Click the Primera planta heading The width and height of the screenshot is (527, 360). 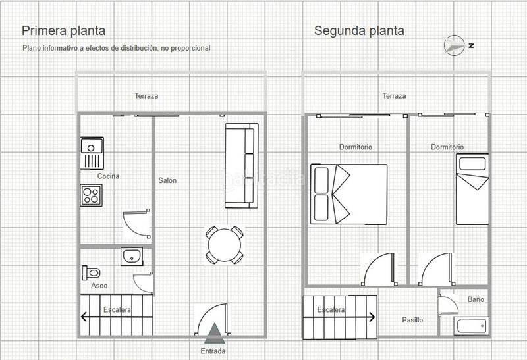click(x=64, y=30)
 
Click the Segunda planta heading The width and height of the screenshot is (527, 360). click(x=359, y=30)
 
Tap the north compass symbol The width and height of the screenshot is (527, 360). click(x=455, y=45)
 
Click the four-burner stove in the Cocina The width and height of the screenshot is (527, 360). click(x=91, y=194)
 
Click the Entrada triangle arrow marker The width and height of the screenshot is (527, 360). click(x=213, y=334)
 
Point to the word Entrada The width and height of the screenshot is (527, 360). click(x=213, y=351)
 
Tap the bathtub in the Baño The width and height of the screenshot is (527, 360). click(x=472, y=325)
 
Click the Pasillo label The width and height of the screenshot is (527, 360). click(x=412, y=320)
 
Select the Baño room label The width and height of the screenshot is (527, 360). click(x=476, y=299)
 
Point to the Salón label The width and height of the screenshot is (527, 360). click(x=167, y=180)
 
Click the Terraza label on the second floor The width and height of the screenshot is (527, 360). click(x=394, y=96)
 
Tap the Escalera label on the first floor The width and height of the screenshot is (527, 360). click(x=117, y=309)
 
